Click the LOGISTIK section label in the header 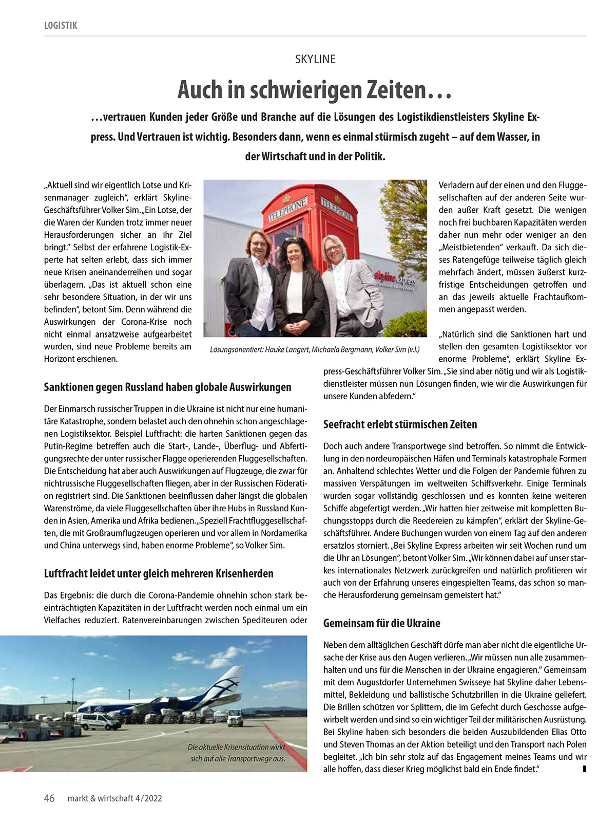pyautogui.click(x=61, y=25)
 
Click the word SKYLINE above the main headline pyautogui.click(x=315, y=59)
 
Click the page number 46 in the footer pyautogui.click(x=49, y=798)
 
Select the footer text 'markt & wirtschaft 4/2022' pyautogui.click(x=115, y=798)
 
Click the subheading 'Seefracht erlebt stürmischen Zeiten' pyautogui.click(x=400, y=424)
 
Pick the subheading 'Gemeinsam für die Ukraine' pyautogui.click(x=381, y=623)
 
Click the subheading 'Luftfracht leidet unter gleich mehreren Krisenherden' pyautogui.click(x=159, y=573)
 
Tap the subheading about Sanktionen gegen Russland pyautogui.click(x=167, y=387)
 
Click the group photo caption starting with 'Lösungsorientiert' pyautogui.click(x=315, y=349)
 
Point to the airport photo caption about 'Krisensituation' pyautogui.click(x=236, y=753)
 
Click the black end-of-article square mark pyautogui.click(x=584, y=769)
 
